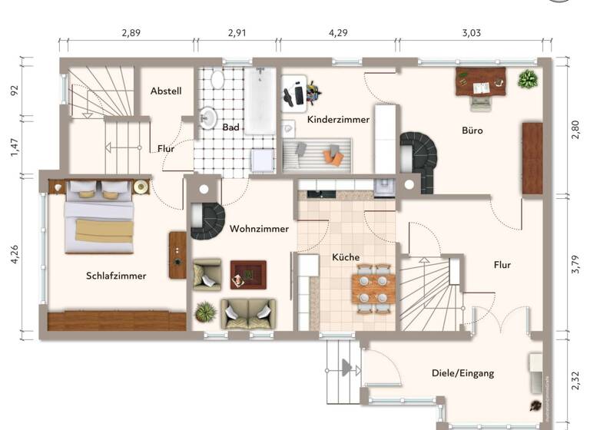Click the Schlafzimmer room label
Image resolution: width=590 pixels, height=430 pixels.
pyautogui.click(x=116, y=276)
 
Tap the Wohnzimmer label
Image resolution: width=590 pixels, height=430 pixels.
pyautogui.click(x=259, y=229)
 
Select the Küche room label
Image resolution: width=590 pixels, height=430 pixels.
pyautogui.click(x=346, y=258)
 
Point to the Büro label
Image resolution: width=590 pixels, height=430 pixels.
pyautogui.click(x=472, y=131)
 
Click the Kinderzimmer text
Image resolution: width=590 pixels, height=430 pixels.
pyautogui.click(x=338, y=120)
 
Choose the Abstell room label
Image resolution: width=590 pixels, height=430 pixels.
pyautogui.click(x=166, y=91)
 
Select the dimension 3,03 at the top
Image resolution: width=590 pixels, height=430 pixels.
pyautogui.click(x=471, y=33)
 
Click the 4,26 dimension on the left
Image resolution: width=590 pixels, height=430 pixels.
pyautogui.click(x=13, y=254)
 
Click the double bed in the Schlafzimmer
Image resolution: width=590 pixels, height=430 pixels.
pyautogui.click(x=98, y=217)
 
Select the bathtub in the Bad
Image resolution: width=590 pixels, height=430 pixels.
pyautogui.click(x=260, y=101)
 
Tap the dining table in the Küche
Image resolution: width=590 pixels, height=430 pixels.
pyautogui.click(x=374, y=289)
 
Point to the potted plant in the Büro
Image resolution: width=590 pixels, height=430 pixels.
pyautogui.click(x=528, y=78)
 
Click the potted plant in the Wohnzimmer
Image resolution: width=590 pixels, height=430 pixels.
pyautogui.click(x=205, y=312)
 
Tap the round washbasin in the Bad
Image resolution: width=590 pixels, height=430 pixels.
pyautogui.click(x=207, y=118)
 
